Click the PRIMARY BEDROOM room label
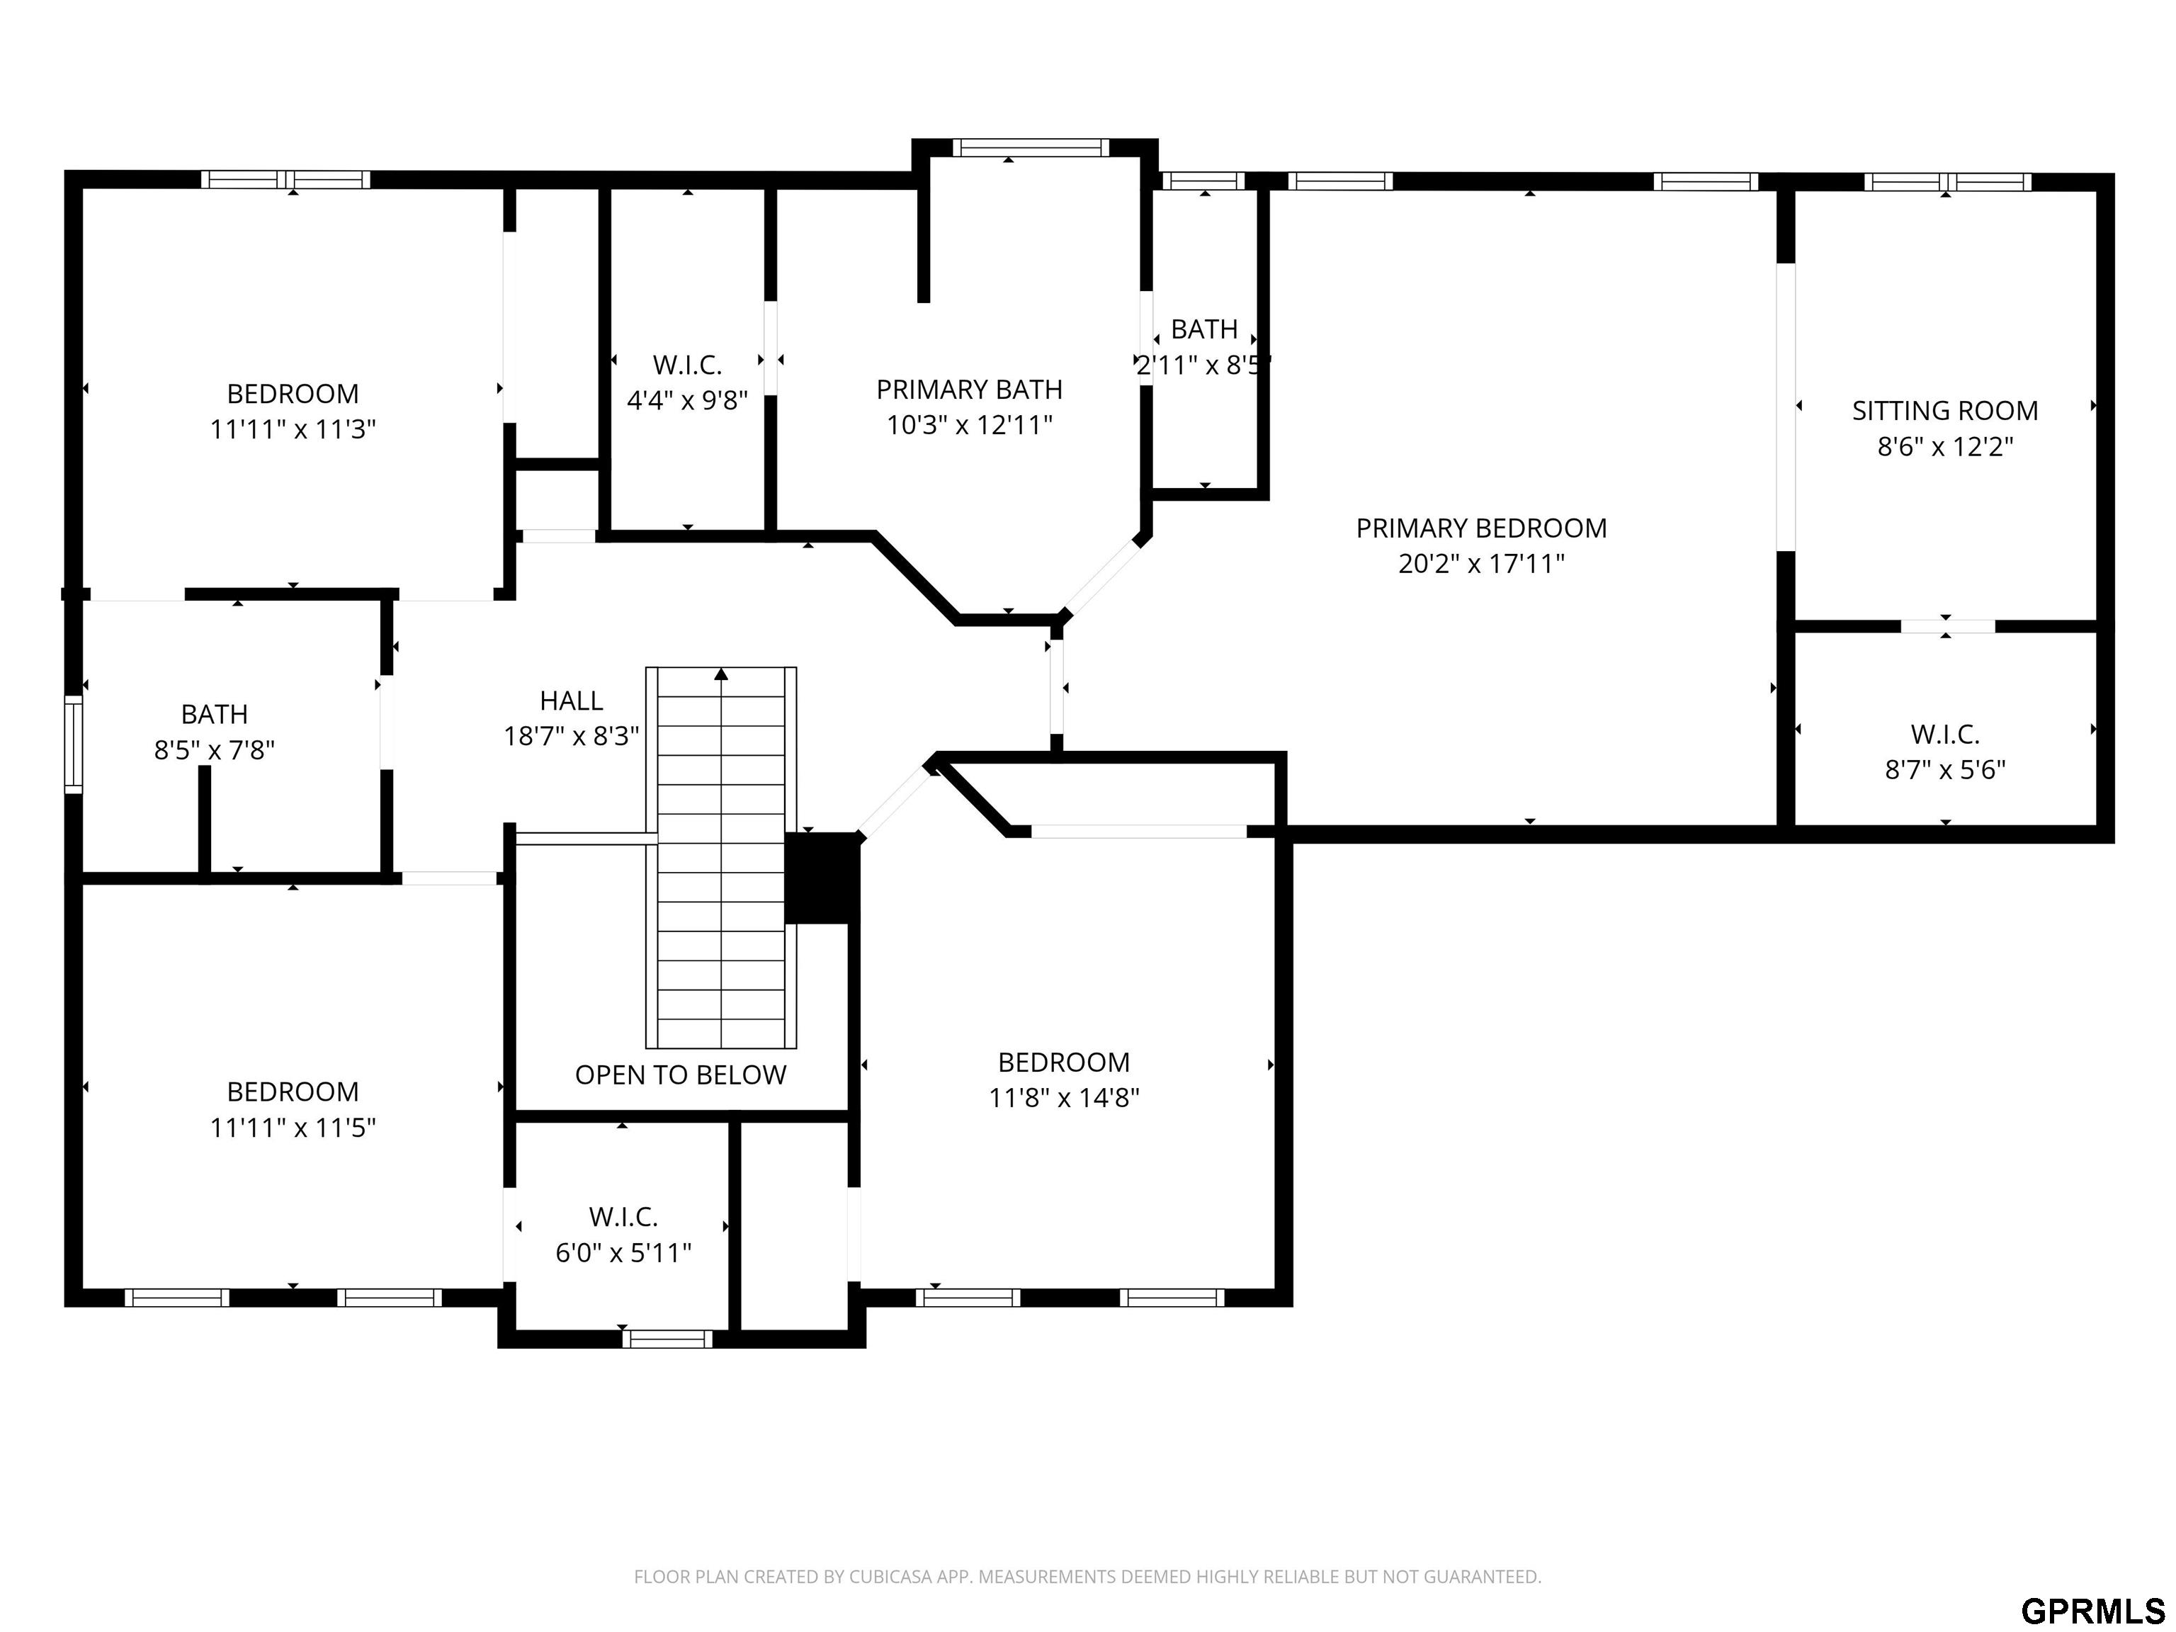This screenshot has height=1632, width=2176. tap(1482, 528)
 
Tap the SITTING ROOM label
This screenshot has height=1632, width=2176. tap(1945, 412)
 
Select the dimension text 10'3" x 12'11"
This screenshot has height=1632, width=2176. tap(970, 425)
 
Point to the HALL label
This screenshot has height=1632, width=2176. tap(572, 701)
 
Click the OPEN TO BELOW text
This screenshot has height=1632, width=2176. tap(681, 1075)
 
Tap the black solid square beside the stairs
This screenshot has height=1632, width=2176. tap(822, 878)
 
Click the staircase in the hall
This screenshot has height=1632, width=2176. tap(721, 858)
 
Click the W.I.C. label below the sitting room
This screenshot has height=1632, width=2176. tap(1945, 734)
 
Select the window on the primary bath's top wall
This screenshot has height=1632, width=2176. tap(1030, 147)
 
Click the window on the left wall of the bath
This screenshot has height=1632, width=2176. tap(74, 744)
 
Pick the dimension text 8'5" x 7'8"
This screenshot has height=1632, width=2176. tap(215, 751)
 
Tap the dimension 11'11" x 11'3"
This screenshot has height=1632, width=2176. tap(293, 430)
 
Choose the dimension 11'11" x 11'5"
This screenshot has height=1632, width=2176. tap(293, 1128)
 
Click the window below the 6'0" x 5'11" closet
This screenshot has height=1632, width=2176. tap(667, 1339)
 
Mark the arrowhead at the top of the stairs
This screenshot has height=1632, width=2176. tap(721, 674)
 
